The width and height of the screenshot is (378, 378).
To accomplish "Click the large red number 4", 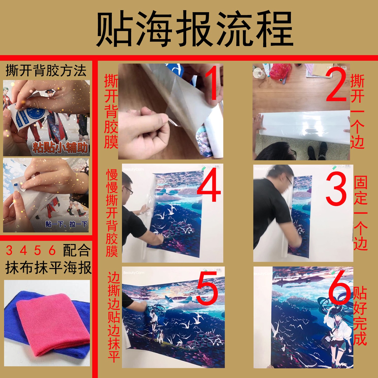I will [208, 187].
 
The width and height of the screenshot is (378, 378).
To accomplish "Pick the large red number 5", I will [207, 288].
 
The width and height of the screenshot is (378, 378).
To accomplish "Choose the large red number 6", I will [339, 287].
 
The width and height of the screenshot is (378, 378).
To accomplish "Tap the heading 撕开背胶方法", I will [46, 71].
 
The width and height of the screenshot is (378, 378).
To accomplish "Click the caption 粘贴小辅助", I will [60, 148].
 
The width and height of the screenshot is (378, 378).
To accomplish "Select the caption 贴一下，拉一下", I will [66, 224].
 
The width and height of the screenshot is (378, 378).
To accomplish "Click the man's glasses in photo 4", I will [129, 191].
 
